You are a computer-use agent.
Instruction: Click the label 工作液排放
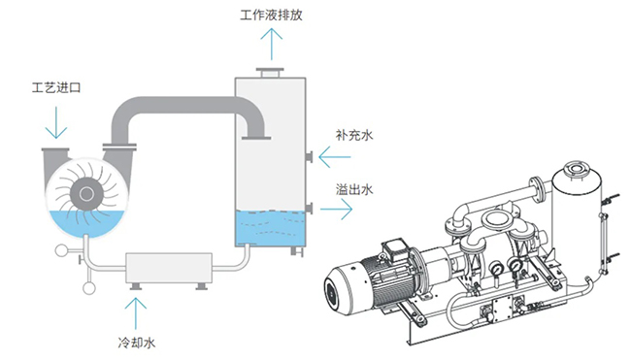click(271, 16)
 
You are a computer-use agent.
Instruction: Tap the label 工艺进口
click(56, 87)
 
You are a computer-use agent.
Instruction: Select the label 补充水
click(354, 135)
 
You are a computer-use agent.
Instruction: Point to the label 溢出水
click(354, 189)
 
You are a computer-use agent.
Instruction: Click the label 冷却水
click(137, 343)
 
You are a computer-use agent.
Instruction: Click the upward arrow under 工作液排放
click(271, 44)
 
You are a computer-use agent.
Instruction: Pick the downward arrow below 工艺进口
click(56, 122)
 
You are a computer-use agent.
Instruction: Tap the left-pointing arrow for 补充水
click(335, 157)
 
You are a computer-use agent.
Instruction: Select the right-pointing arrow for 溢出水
click(337, 209)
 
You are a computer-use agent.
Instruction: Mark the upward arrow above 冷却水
click(136, 313)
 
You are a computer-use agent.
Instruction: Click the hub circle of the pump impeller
click(87, 194)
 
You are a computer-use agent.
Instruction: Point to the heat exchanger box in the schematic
click(169, 268)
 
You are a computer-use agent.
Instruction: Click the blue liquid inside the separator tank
click(271, 228)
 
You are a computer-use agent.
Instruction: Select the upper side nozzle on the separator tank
click(309, 157)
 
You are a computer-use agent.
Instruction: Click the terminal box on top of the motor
click(395, 248)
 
